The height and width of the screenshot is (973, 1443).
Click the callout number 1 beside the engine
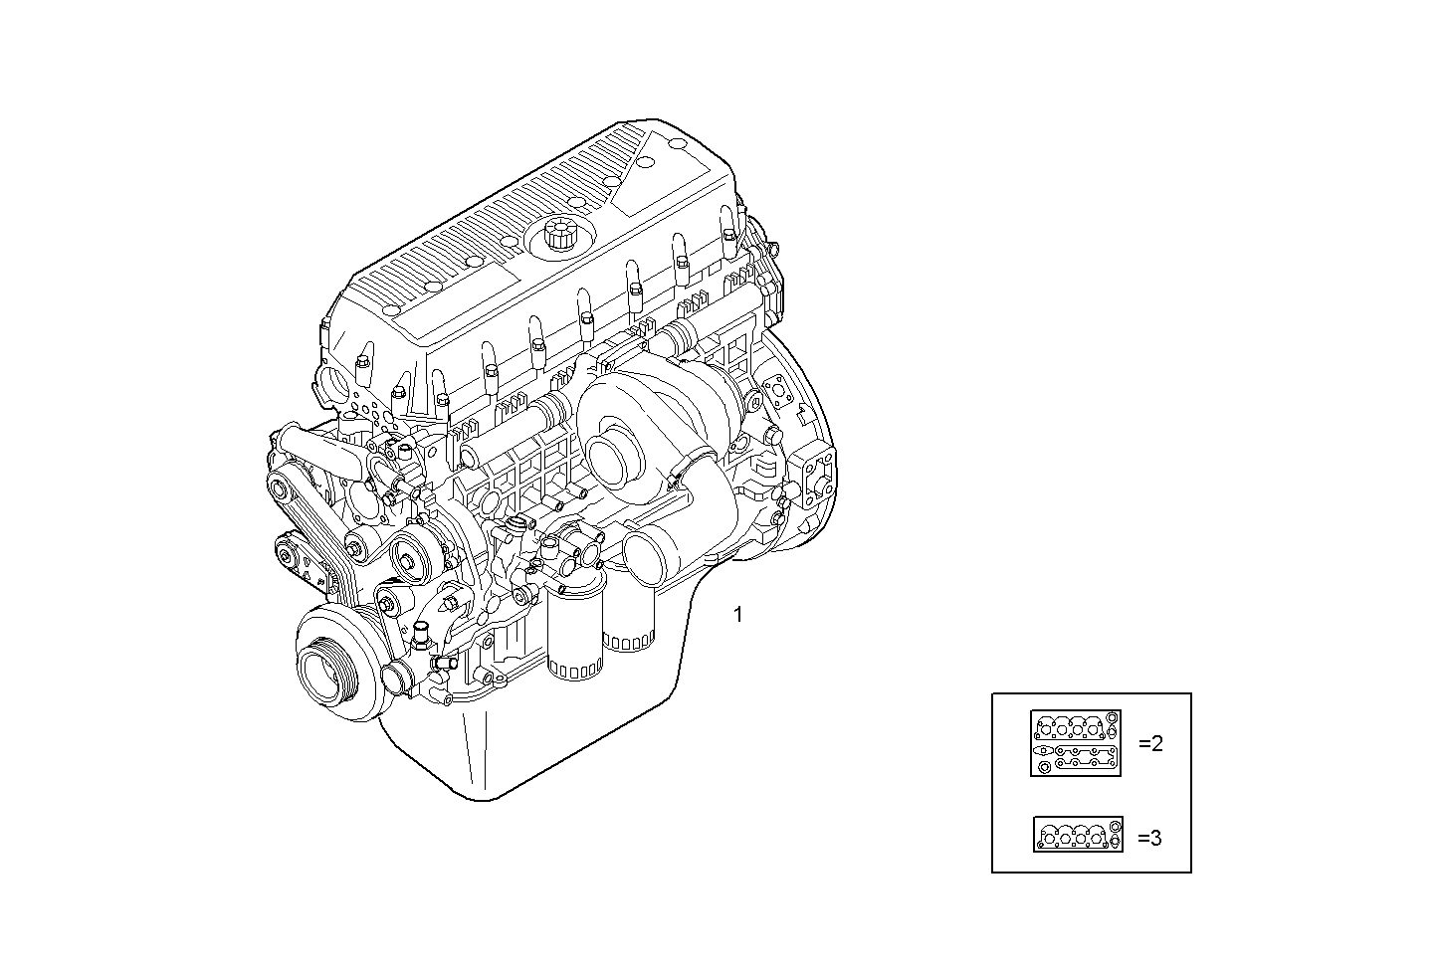737,615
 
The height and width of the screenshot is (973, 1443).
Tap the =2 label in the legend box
1150,744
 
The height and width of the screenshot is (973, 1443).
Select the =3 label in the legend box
1149,838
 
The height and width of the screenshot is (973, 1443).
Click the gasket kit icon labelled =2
1076,743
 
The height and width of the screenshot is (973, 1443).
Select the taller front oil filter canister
574,633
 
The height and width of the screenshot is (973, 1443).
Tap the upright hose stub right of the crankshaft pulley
422,633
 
